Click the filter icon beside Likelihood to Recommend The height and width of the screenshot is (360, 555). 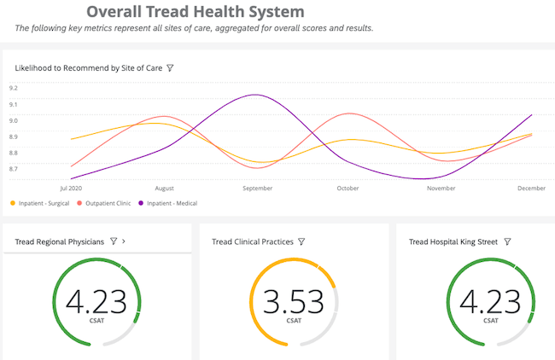(x=171, y=67)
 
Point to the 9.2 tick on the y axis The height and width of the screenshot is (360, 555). (x=13, y=87)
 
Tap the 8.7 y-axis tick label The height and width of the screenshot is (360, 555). (x=13, y=169)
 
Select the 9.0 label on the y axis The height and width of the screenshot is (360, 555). (x=13, y=120)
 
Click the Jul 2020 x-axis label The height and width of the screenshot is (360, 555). (x=71, y=188)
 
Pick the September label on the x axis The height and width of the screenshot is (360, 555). (x=257, y=188)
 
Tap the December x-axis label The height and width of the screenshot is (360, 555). (x=531, y=188)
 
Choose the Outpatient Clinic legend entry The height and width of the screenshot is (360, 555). (x=108, y=203)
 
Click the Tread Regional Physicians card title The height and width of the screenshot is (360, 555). (x=60, y=242)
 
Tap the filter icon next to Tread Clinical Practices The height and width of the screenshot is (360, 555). (x=301, y=242)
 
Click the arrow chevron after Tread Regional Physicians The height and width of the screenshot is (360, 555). (x=125, y=242)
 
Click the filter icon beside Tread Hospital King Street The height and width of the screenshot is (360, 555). (x=507, y=242)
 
